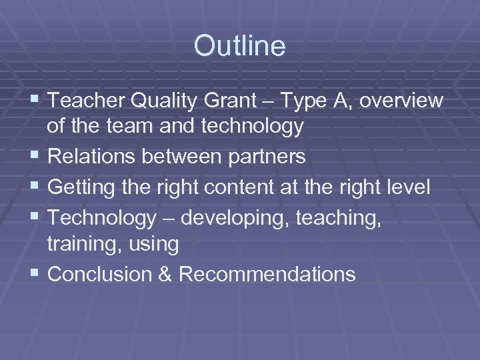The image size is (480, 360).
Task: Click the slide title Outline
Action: pyautogui.click(x=239, y=46)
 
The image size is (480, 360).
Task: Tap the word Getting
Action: pyautogui.click(x=81, y=187)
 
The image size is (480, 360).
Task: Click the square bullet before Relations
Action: pyautogui.click(x=35, y=156)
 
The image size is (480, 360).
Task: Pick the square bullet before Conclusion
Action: pyautogui.click(x=35, y=274)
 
